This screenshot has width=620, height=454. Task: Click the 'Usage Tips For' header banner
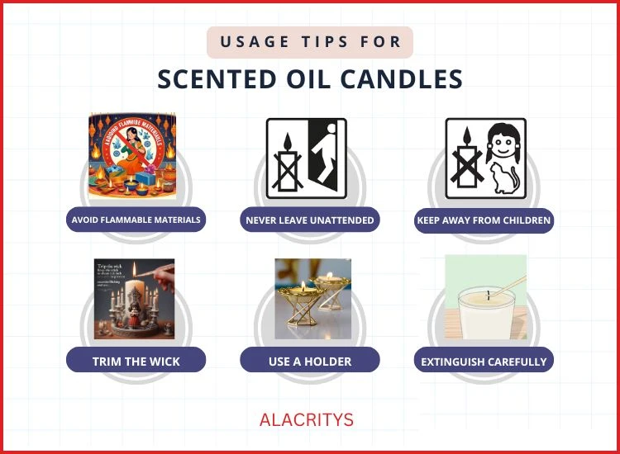tap(310, 41)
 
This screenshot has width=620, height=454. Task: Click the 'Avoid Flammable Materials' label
tap(136, 220)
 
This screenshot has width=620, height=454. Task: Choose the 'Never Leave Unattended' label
tap(310, 220)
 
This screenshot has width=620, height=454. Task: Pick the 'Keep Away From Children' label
tap(484, 220)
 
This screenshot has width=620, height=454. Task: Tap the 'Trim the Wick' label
tap(136, 361)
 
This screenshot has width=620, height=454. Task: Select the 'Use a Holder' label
tap(310, 361)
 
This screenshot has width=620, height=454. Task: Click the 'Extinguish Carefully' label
tap(484, 361)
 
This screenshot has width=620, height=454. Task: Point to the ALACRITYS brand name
tap(307, 419)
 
